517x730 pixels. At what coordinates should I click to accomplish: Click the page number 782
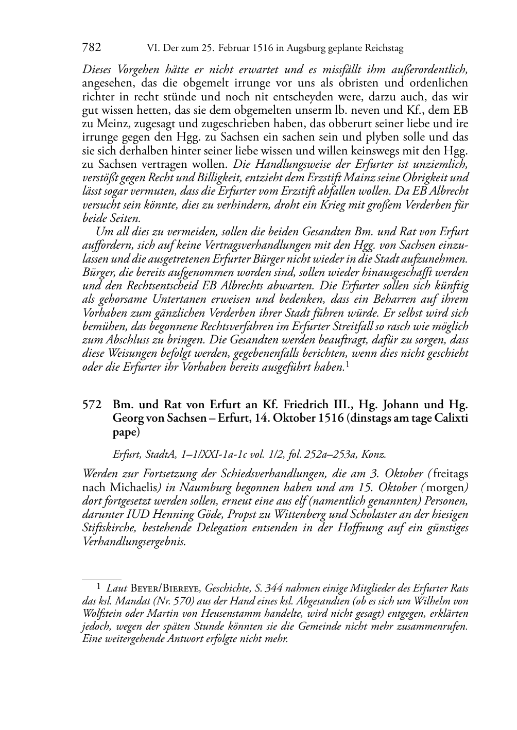click(x=92, y=48)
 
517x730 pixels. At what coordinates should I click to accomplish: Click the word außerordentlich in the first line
click(x=432, y=69)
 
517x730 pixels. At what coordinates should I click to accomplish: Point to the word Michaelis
click(x=134, y=488)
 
